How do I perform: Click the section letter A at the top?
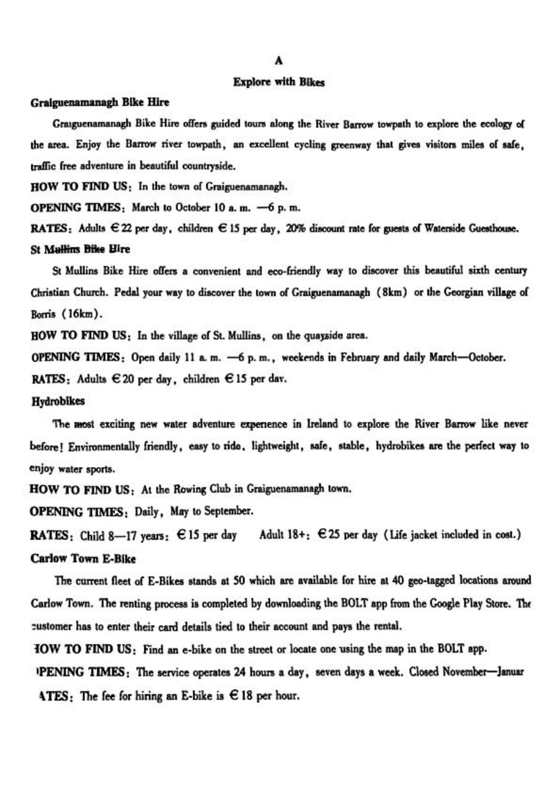click(x=279, y=60)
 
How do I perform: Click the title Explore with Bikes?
click(x=279, y=82)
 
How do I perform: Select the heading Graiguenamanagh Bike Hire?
click(x=100, y=102)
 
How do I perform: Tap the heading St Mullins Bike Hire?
click(x=80, y=249)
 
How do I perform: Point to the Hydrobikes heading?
click(x=57, y=402)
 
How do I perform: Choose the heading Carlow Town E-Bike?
click(x=83, y=558)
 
